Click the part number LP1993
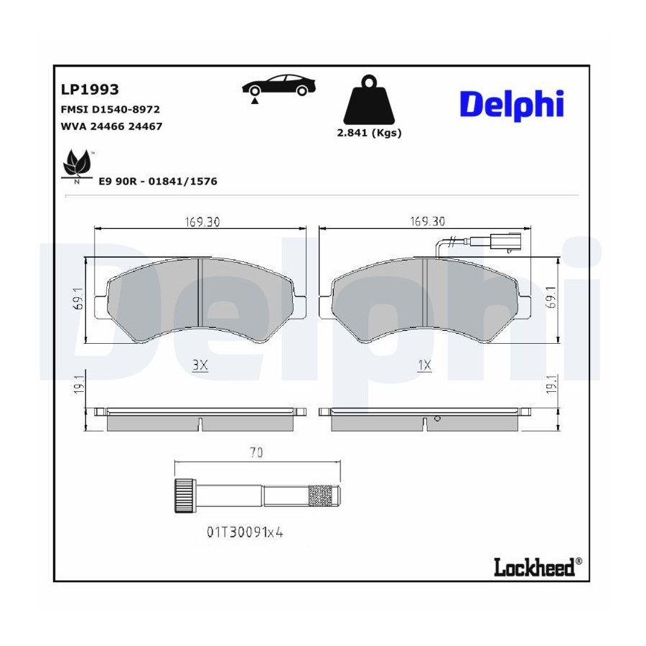point(90,90)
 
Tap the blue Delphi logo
point(511,105)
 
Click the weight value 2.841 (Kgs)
point(369,133)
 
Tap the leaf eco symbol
point(77,166)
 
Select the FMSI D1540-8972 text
point(110,109)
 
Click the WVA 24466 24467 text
point(111,126)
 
